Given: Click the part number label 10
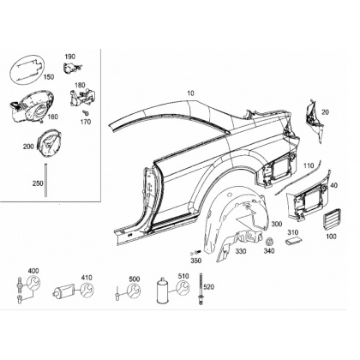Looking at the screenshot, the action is (190, 93).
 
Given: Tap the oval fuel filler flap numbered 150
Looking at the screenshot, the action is (27, 70).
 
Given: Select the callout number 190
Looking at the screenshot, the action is (70, 57).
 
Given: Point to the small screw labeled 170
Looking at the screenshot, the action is (85, 112).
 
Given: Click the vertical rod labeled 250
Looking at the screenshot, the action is (45, 179).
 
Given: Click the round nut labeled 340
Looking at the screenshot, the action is (269, 242).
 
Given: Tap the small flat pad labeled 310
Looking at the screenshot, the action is (293, 241).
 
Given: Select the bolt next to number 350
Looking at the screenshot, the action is (195, 252).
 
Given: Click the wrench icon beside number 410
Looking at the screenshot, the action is (87, 290).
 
